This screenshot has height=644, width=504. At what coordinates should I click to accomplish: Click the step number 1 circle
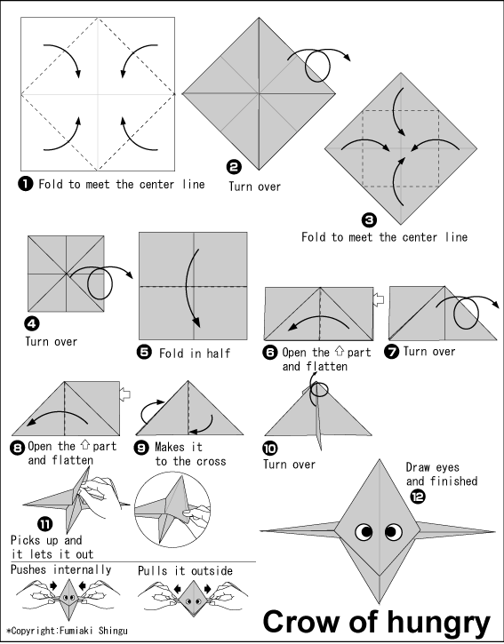(26, 184)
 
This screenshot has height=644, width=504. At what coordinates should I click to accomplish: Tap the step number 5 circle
(144, 353)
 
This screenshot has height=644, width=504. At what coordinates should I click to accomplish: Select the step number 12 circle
(418, 497)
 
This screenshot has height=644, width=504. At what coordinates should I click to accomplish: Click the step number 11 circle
(45, 524)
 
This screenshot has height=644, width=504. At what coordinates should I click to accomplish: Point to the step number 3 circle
(369, 220)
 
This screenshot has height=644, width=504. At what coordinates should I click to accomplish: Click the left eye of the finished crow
(364, 532)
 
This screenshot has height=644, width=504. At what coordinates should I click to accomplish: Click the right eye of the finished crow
(394, 532)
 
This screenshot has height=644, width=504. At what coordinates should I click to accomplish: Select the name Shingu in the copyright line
(113, 631)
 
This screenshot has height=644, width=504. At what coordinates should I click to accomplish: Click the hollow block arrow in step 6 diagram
(379, 299)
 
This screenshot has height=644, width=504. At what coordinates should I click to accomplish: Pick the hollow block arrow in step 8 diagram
(125, 394)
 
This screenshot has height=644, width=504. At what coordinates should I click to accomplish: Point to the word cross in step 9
(212, 461)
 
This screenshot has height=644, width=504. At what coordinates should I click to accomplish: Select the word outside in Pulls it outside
(212, 571)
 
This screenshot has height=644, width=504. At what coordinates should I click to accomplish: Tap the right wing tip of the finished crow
(494, 532)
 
